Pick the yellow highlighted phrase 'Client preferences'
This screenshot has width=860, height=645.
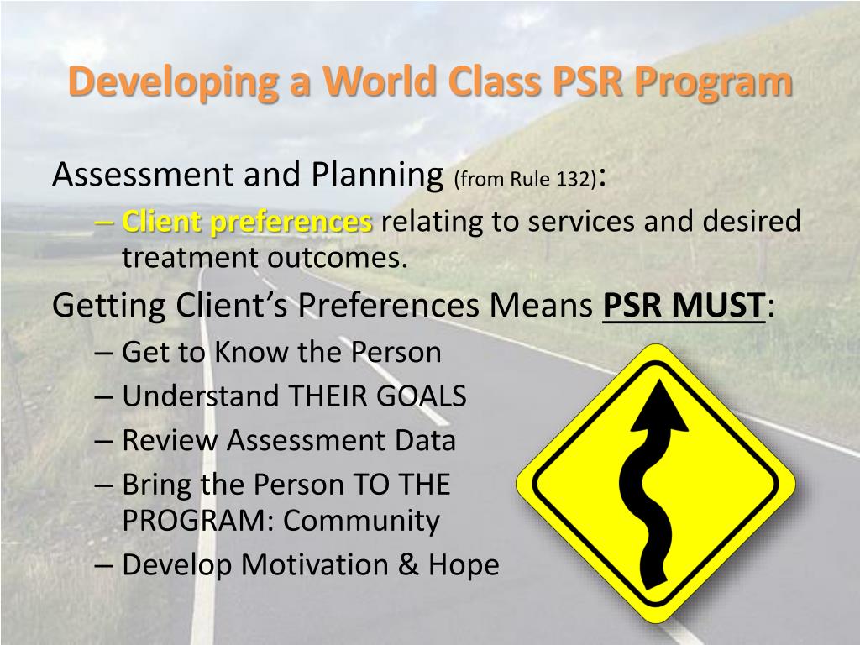click(247, 223)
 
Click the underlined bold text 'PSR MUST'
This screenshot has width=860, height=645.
click(684, 306)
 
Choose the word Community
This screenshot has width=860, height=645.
click(361, 521)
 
